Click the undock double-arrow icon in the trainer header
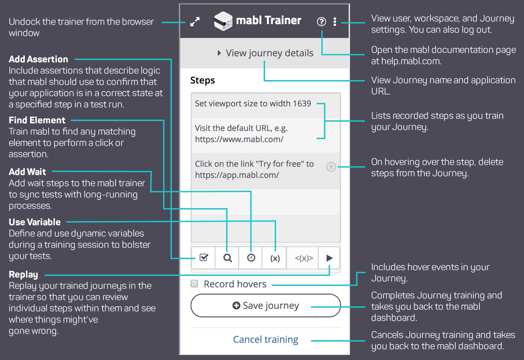pyautogui.click(x=195, y=22)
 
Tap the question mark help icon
pyautogui.click(x=321, y=22)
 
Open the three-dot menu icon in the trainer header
pyautogui.click(x=335, y=22)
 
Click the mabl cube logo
pyautogui.click(x=223, y=21)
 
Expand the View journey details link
pyautogui.click(x=265, y=53)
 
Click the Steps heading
pyautogui.click(x=203, y=80)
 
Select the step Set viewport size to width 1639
pyautogui.click(x=253, y=104)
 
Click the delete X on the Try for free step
pyautogui.click(x=331, y=167)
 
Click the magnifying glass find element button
pyautogui.click(x=227, y=258)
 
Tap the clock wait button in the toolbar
pyautogui.click(x=251, y=258)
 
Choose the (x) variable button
pyautogui.click(x=275, y=258)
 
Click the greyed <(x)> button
pyautogui.click(x=304, y=258)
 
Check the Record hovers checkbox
pyautogui.click(x=194, y=284)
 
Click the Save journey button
pyautogui.click(x=265, y=305)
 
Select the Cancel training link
pyautogui.click(x=265, y=340)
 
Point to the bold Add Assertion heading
pyautogui.click(x=39, y=59)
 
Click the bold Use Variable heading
pyautogui.click(x=35, y=222)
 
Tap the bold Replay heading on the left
pyautogui.click(x=23, y=275)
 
